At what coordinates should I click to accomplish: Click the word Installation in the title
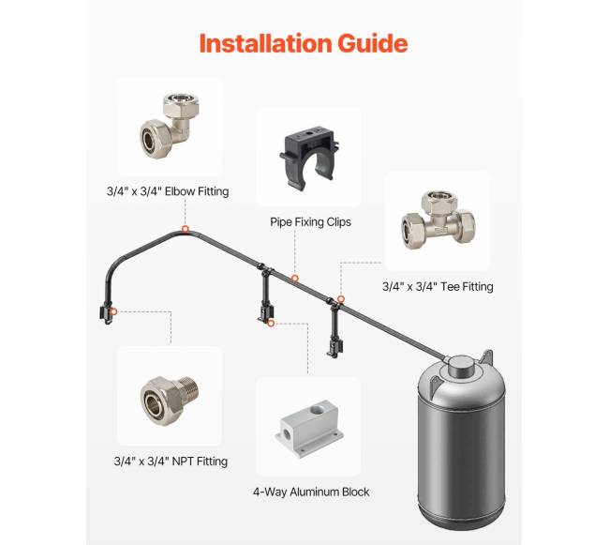point(266,43)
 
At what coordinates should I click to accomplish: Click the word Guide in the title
point(373,43)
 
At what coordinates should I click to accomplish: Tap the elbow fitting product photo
point(170,125)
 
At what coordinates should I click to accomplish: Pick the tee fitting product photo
point(438,220)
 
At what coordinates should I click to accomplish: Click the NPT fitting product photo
point(170,401)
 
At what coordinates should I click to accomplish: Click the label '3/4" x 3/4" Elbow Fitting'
point(168,191)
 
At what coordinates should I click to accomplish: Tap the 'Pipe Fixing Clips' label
point(310,222)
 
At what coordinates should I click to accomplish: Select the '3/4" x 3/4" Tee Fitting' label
point(438,286)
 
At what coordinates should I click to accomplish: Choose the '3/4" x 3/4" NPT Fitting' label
point(171,462)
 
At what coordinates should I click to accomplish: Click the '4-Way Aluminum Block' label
point(311,492)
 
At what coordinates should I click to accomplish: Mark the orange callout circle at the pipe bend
point(186,229)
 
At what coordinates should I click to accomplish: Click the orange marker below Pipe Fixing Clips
point(295,279)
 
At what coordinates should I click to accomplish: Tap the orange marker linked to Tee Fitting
point(341,299)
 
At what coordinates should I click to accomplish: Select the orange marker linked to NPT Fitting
point(114,311)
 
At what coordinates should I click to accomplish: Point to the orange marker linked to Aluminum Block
point(271,323)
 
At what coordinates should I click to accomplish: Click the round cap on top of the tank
point(461,365)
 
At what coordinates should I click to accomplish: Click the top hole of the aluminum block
point(319,410)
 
